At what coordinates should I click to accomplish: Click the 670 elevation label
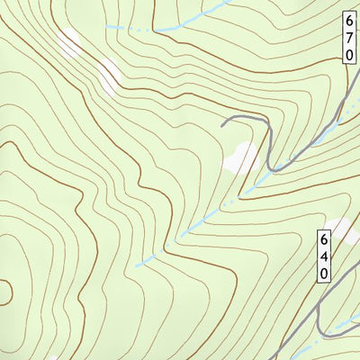click(349, 37)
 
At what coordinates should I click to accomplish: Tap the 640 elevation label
click(324, 256)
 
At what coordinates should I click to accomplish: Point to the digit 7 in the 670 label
click(349, 37)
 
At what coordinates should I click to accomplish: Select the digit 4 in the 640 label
click(324, 256)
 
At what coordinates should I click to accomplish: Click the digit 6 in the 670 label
click(349, 21)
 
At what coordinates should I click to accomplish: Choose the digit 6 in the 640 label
click(324, 239)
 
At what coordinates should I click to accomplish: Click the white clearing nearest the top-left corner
click(68, 40)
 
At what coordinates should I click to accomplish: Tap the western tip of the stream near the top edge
click(108, 27)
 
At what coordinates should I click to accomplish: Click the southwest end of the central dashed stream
click(137, 266)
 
